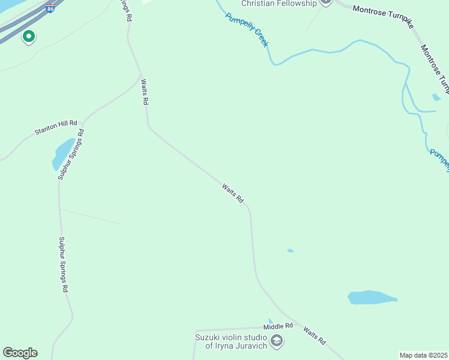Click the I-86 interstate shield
(x=50, y=9)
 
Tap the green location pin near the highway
(x=28, y=37)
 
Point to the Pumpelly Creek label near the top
(x=246, y=30)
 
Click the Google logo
(x=20, y=353)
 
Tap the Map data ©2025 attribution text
(x=424, y=355)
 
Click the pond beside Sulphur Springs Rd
(x=63, y=154)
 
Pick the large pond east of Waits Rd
(x=371, y=297)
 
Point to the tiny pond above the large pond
(x=291, y=250)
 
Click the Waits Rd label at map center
(x=232, y=193)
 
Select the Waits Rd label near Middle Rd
(x=315, y=335)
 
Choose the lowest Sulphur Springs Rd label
(x=63, y=264)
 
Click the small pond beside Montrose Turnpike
(x=436, y=97)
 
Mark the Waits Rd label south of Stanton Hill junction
(x=143, y=91)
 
